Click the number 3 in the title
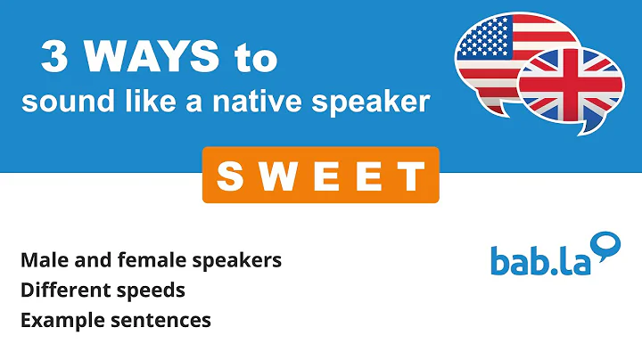tap(55, 58)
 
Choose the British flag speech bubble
tap(571, 85)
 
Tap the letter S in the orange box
tap(229, 176)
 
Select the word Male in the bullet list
tap(42, 260)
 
